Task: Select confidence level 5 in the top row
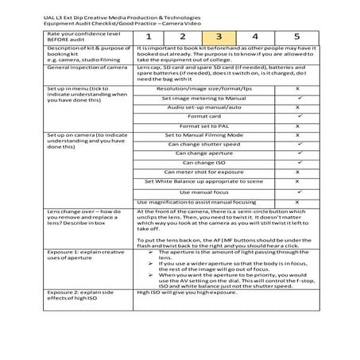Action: coord(296,37)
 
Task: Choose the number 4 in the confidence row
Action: coord(255,37)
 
